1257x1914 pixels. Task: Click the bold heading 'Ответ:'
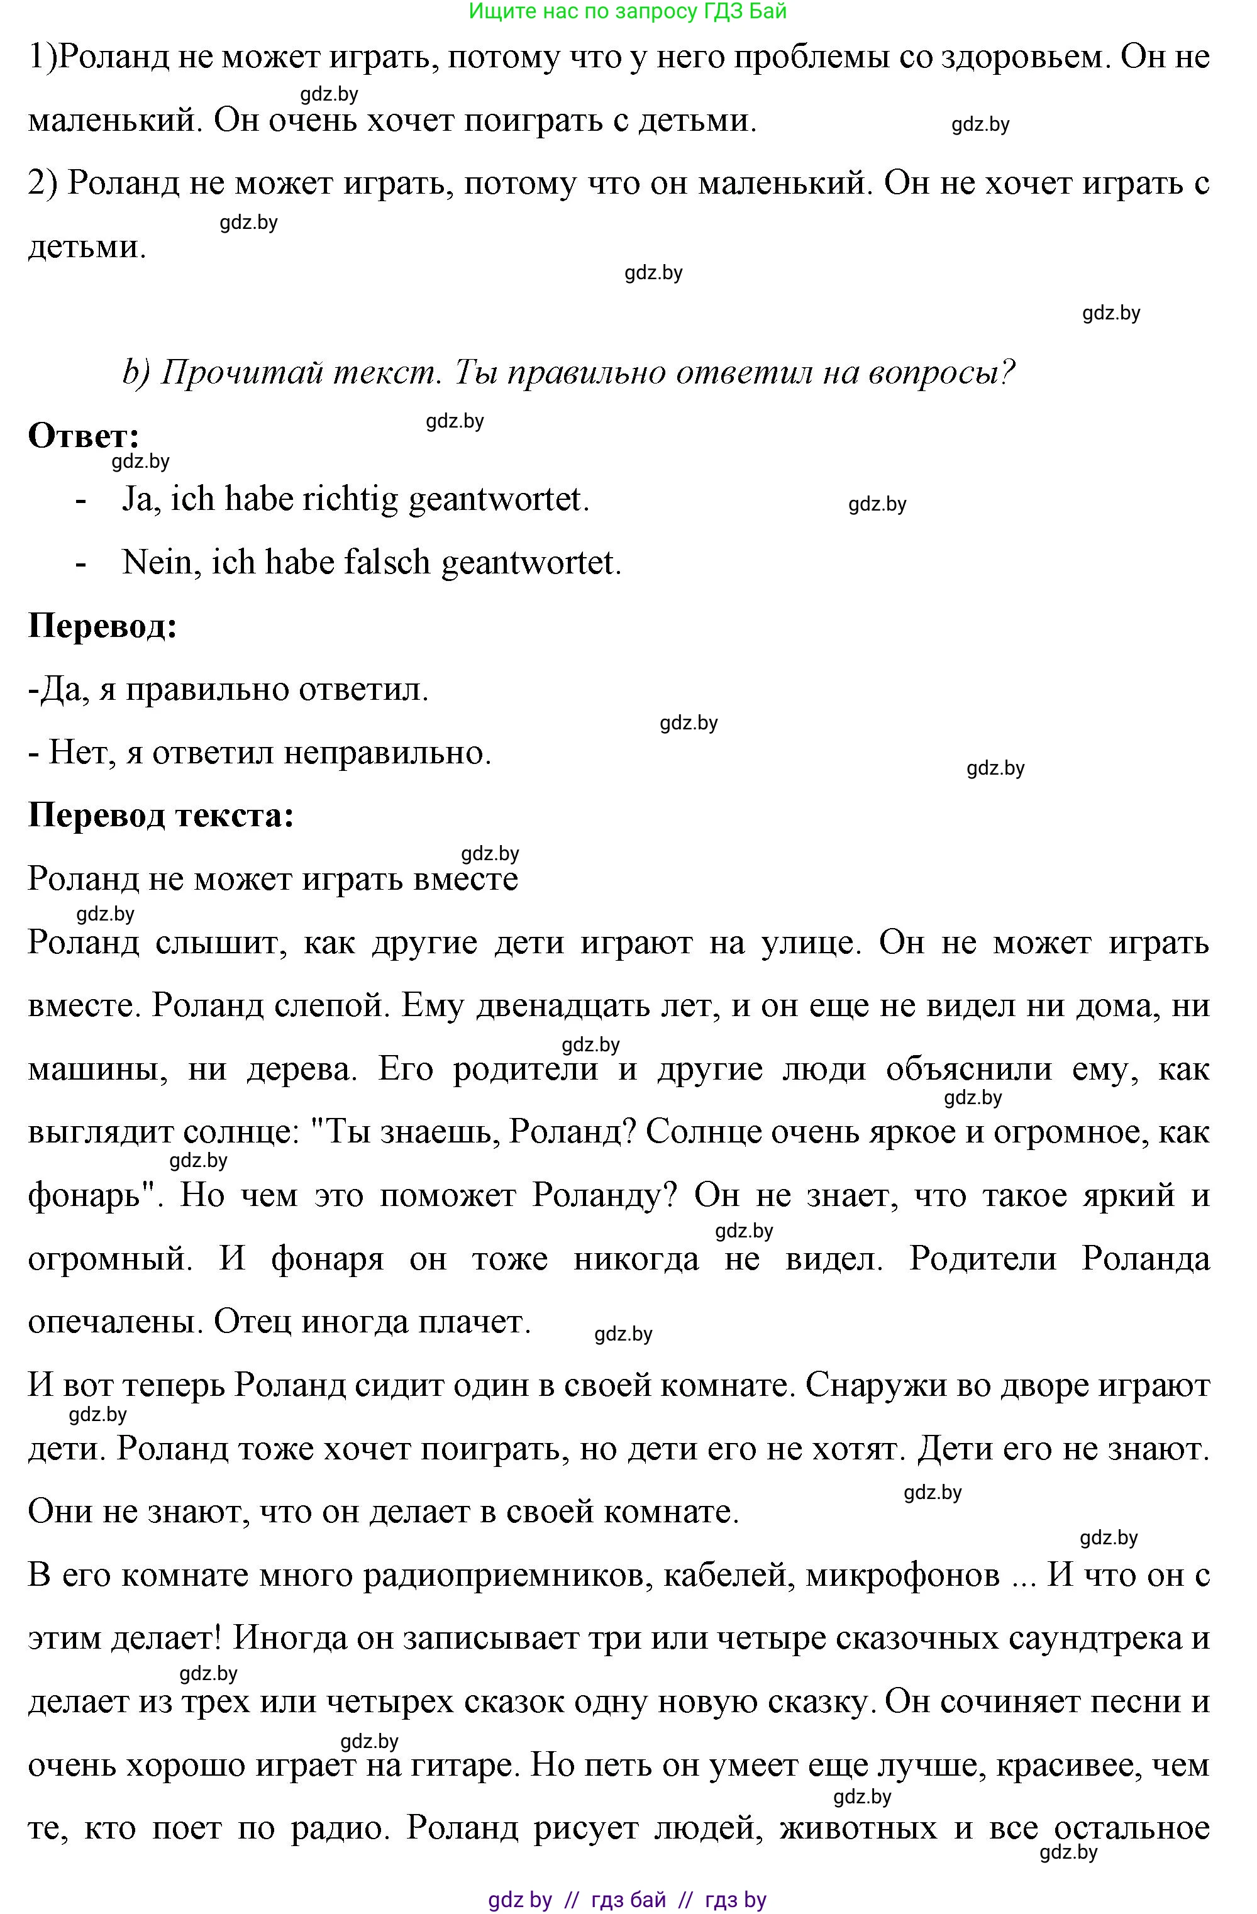[x=84, y=436]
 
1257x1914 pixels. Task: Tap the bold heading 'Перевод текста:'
[x=161, y=816]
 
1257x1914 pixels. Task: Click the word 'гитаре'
[x=461, y=1765]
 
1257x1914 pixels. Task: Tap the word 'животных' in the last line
[x=858, y=1828]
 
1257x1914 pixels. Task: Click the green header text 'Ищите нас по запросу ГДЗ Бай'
[x=628, y=11]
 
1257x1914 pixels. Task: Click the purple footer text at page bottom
[x=628, y=1900]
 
